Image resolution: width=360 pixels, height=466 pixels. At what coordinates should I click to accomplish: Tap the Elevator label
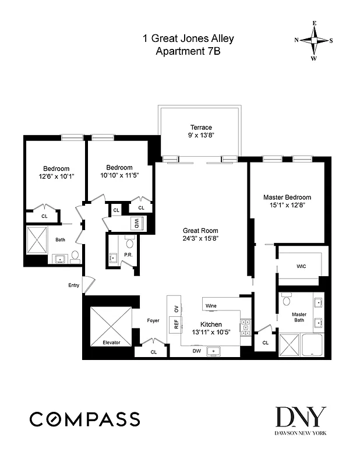tap(111, 343)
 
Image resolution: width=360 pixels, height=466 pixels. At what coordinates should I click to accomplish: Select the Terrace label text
tap(201, 128)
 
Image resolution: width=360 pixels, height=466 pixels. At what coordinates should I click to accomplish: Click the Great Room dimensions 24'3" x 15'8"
tap(201, 238)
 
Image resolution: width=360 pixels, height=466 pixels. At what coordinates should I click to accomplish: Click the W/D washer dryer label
tap(136, 223)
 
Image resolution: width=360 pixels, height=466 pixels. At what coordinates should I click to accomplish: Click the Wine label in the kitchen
tap(211, 305)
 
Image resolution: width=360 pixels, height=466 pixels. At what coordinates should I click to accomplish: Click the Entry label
tap(73, 285)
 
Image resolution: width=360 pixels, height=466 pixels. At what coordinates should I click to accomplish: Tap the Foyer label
tap(153, 320)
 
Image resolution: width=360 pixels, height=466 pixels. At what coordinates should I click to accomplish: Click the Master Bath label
tap(299, 318)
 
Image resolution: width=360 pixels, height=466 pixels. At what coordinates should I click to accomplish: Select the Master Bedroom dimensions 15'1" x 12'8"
tap(287, 205)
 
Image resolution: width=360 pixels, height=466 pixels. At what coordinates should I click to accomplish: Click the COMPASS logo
tap(84, 418)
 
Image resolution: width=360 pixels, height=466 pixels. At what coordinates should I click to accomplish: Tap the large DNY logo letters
tap(301, 417)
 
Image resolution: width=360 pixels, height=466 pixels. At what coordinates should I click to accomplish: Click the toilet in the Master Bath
tap(285, 301)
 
